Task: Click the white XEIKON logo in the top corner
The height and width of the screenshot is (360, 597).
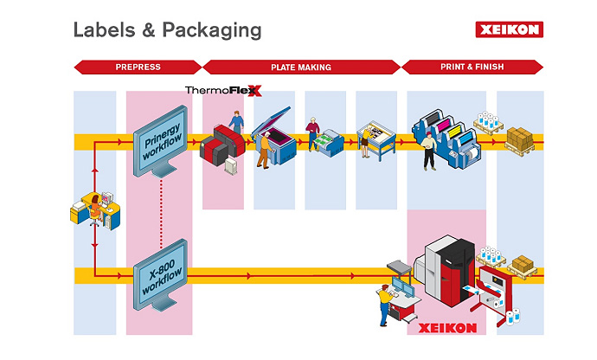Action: click(508, 29)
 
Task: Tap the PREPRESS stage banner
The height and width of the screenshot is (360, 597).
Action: click(138, 67)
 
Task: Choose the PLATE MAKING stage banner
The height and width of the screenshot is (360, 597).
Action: click(302, 67)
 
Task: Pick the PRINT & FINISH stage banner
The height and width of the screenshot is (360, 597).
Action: click(472, 67)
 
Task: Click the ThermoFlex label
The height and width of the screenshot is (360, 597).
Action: click(222, 90)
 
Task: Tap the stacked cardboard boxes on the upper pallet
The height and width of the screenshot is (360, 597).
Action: click(522, 138)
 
